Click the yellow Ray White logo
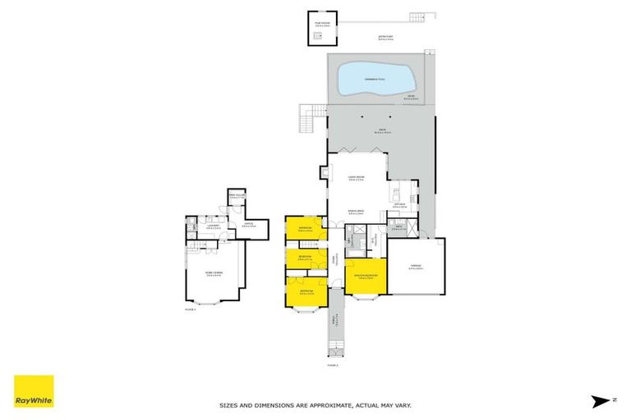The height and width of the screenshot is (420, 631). (34, 391)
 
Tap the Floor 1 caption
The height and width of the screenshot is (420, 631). (191, 310)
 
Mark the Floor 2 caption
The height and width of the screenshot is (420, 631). (332, 365)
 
